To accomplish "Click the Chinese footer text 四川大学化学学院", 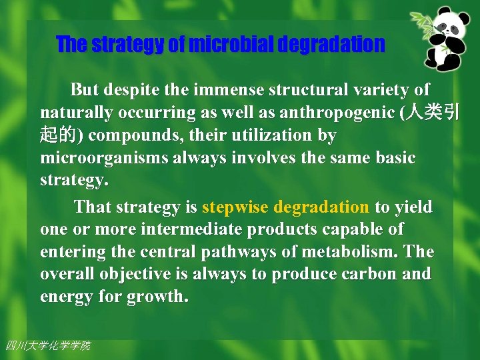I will click(47, 345).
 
